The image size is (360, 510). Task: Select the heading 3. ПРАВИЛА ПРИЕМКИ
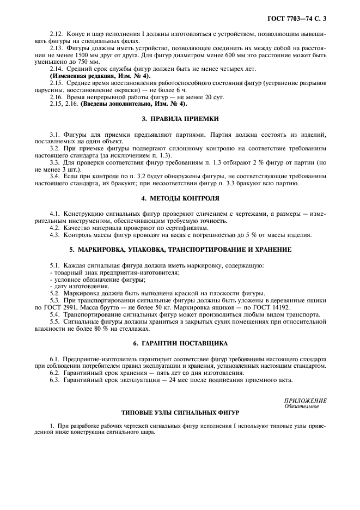180,118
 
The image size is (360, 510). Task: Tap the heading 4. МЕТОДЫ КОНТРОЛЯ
180,198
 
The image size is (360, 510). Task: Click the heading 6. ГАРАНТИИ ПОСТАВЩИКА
180,344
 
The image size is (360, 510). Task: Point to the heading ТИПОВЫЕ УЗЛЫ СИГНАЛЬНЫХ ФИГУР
180,412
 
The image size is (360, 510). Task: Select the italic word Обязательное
302,406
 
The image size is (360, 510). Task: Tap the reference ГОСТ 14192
281,308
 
